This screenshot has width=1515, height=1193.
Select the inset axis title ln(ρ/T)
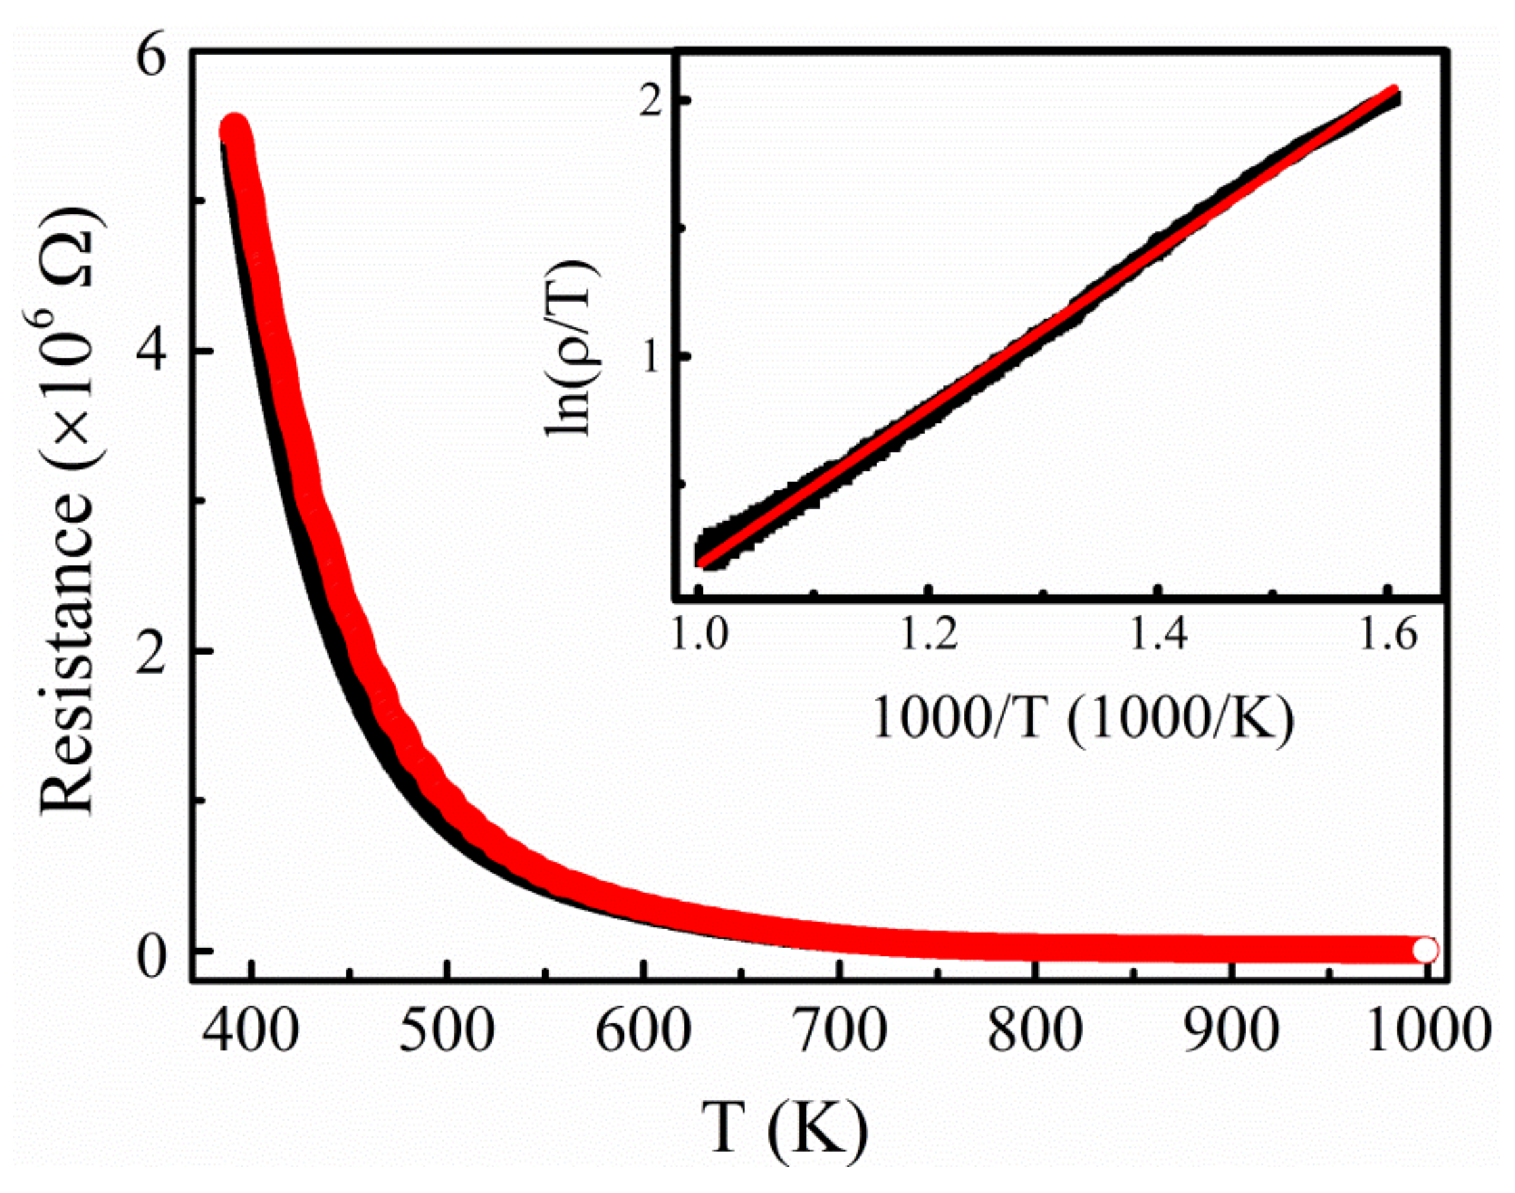[567, 346]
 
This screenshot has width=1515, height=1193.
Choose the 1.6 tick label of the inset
[1389, 636]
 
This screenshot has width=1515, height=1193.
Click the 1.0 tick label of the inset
[700, 636]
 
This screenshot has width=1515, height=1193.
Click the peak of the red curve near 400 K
[235, 130]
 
